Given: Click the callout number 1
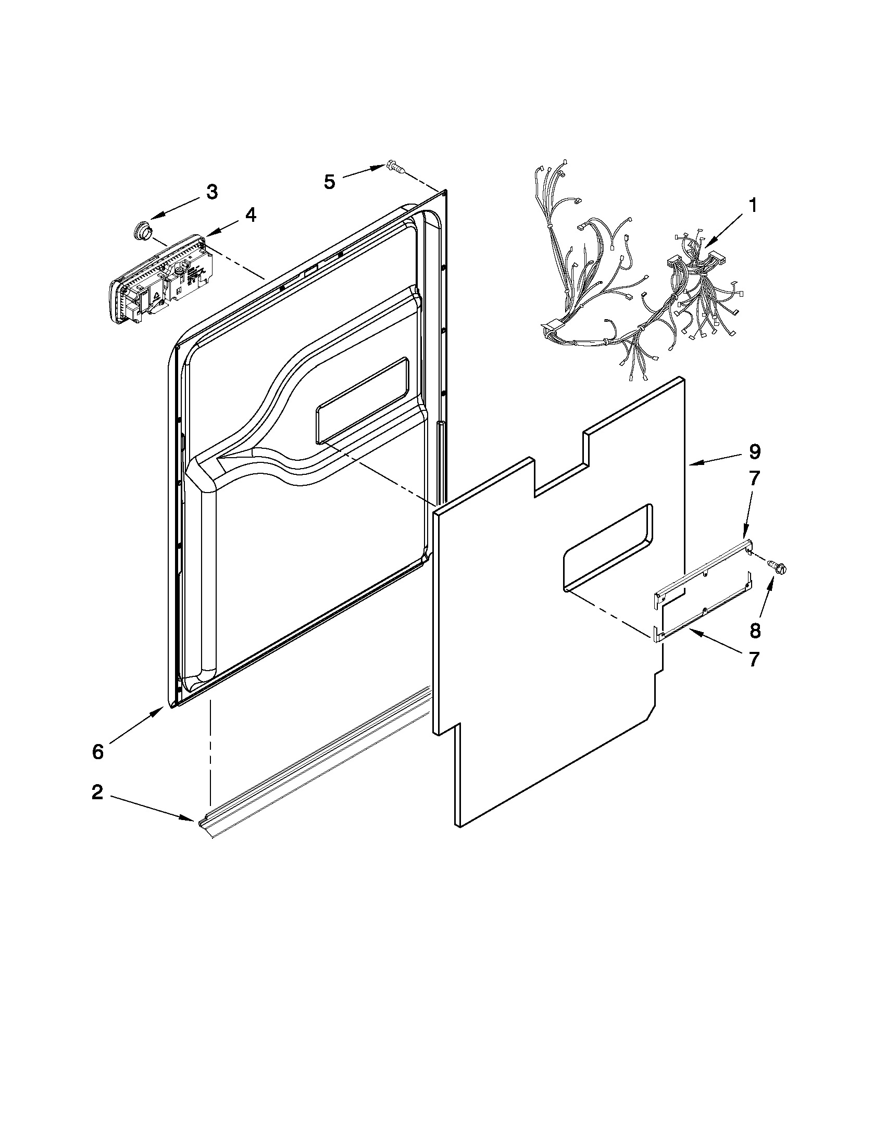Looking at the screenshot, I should [753, 206].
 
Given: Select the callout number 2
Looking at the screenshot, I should [97, 792].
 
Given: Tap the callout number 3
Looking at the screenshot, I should [211, 192].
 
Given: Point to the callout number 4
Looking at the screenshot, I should [251, 215].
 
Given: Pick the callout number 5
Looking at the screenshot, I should [329, 182].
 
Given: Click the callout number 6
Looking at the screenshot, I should [98, 751].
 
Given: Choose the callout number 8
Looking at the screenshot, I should [755, 631].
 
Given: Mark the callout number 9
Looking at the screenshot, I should [754, 451].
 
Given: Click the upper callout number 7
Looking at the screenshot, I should [754, 477].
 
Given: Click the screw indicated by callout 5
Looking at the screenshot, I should [394, 166].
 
